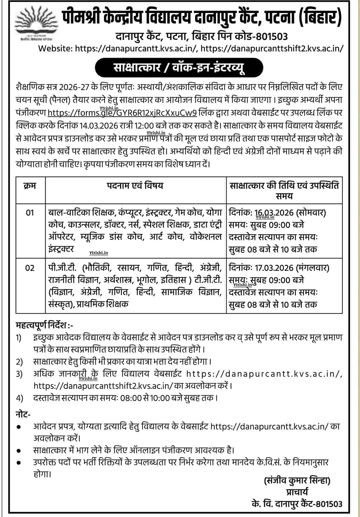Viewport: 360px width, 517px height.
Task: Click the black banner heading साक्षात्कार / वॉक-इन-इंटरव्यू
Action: [x=179, y=68]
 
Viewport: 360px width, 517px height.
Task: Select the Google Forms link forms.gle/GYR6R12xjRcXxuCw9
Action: [x=122, y=113]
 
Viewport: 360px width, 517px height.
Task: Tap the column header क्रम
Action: [x=30, y=186]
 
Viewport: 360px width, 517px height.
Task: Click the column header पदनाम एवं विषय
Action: [x=135, y=186]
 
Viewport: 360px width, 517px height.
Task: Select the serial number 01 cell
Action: [x=30, y=212]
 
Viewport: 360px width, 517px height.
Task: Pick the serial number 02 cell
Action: [x=30, y=268]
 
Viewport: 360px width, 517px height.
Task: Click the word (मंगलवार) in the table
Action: [x=313, y=268]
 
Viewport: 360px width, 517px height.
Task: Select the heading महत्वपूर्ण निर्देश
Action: [x=44, y=324]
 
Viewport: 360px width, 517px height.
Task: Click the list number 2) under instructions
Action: [x=20, y=362]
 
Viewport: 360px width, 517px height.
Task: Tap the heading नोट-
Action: [x=23, y=414]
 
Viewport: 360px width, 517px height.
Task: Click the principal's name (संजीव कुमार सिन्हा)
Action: [x=297, y=481]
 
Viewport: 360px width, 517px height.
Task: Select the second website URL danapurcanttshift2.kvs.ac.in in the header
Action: [x=272, y=48]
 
